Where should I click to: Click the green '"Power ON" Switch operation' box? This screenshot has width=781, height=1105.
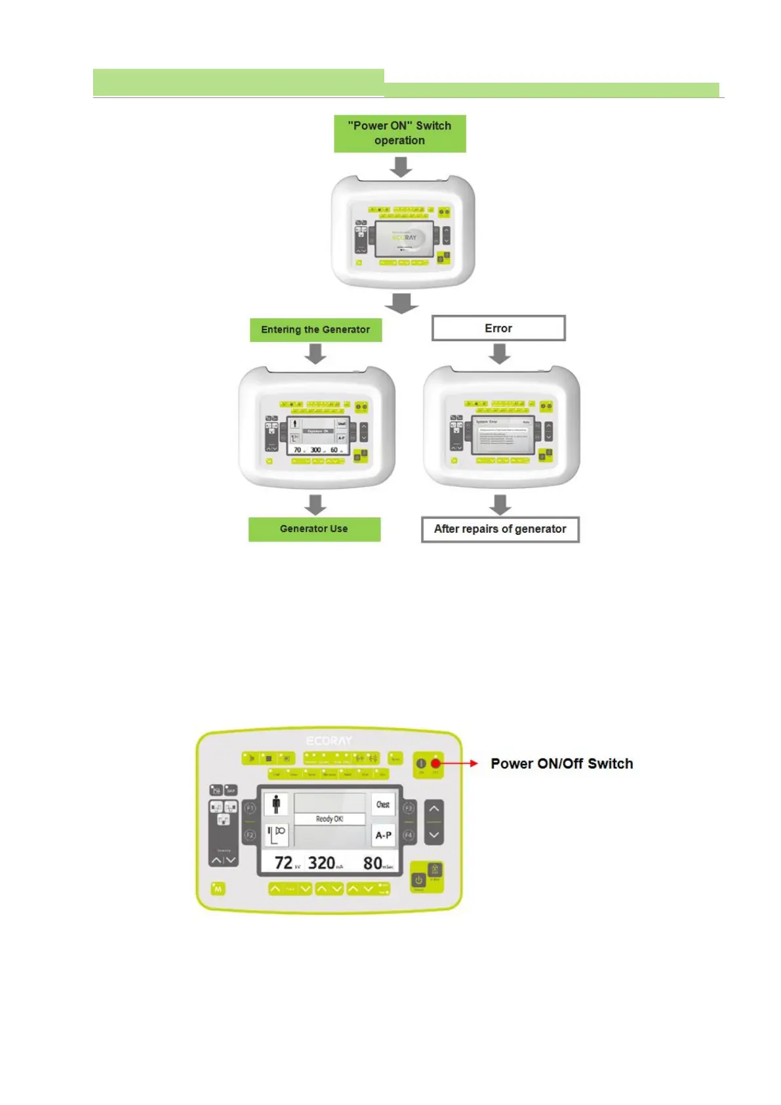399,133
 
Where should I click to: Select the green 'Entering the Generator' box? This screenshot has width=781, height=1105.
315,329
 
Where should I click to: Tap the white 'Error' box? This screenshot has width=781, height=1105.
498,328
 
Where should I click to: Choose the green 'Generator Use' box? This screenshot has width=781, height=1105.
314,529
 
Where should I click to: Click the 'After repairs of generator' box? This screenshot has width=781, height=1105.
500,530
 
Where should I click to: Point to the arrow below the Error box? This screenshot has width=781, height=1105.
500,354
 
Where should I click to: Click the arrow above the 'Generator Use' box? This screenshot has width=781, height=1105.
315,505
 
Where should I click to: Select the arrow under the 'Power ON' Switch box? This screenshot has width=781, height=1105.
401,167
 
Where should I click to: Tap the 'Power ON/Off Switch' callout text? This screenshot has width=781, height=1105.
562,764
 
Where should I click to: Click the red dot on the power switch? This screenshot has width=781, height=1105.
435,763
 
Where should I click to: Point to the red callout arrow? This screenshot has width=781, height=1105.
462,763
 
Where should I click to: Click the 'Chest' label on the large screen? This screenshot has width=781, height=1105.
383,804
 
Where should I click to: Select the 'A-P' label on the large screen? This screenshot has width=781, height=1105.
384,835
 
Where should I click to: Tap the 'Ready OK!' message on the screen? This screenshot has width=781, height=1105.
329,819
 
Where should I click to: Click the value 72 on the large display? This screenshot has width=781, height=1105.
283,863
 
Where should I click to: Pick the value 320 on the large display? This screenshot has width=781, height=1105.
321,863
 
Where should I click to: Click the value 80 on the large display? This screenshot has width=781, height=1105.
372,863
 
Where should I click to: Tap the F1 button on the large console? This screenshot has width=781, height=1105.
249,808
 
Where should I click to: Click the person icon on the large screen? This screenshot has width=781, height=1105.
276,804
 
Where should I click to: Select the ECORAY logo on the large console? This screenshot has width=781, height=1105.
329,741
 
